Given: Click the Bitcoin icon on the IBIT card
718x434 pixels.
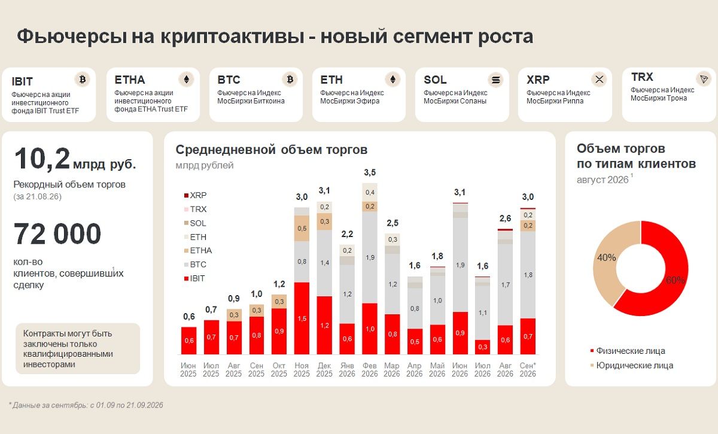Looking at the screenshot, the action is tap(83, 79).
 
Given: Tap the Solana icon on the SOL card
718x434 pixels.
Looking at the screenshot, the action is tap(495, 80).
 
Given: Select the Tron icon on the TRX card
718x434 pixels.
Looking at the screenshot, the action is tap(704, 79).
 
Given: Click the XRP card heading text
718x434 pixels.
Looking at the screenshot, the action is tap(538, 80).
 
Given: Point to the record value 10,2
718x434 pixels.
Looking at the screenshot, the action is tap(42, 159).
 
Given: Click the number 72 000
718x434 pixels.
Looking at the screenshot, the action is tap(57, 234).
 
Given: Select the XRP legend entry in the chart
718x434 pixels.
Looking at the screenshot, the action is tap(195, 195).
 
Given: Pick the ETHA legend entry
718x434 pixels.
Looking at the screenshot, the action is tap(198, 250).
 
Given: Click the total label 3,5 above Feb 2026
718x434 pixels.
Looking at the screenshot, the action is tap(370, 172).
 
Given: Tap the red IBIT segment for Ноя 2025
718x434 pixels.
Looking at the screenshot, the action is tap(302, 318).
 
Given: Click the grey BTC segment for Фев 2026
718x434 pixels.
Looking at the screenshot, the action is tap(370, 257).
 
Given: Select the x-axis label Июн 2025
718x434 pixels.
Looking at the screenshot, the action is tap(188, 369).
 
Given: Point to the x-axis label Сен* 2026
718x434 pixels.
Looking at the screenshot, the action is tap(528, 369).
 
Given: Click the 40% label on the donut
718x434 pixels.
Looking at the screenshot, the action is tap(606, 257).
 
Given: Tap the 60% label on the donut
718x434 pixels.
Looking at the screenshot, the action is tap(675, 280).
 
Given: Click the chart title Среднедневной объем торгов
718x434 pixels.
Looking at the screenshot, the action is tap(271, 150).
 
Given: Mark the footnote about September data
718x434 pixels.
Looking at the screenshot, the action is tap(86, 405).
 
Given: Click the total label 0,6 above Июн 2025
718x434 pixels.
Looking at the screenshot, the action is tap(189, 317).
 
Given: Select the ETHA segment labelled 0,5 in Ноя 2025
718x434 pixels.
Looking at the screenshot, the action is tap(302, 229).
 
